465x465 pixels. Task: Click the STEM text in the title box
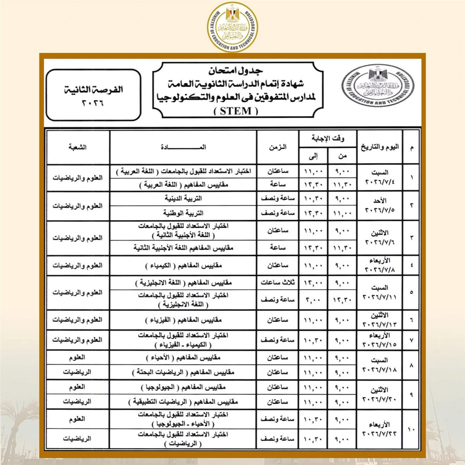pyautogui.click(x=236, y=111)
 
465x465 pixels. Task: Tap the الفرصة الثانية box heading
pyautogui.click(x=93, y=90)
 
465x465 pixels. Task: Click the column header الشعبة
pyautogui.click(x=77, y=147)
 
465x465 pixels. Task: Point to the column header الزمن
pyautogui.click(x=277, y=147)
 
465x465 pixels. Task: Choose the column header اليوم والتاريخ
pyautogui.click(x=379, y=147)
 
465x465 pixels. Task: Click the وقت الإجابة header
pyautogui.click(x=328, y=138)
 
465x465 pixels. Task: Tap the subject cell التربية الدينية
pyautogui.click(x=183, y=198)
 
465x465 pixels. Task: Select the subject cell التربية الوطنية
pyautogui.click(x=183, y=213)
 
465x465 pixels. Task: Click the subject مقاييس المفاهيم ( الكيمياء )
pyautogui.click(x=183, y=266)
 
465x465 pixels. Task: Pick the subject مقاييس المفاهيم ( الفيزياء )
pyautogui.click(x=183, y=320)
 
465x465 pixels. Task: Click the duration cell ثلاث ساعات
pyautogui.click(x=277, y=282)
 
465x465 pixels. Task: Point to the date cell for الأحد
pyautogui.click(x=379, y=205)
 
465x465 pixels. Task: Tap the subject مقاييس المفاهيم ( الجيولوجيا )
pyautogui.click(x=183, y=387)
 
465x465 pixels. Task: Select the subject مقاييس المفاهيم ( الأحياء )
pyautogui.click(x=183, y=358)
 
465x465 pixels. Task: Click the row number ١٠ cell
pyautogui.click(x=411, y=429)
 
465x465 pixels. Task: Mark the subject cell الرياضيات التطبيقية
pyautogui.click(x=183, y=402)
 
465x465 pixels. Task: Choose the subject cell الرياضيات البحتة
pyautogui.click(x=183, y=372)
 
